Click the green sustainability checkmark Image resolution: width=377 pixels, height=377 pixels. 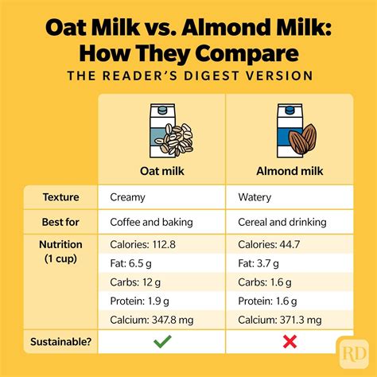pos(162,342)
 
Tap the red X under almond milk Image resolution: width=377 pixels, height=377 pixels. pos(288,343)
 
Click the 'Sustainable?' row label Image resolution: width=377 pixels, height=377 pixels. pos(60,342)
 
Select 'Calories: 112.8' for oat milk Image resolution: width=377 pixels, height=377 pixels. pos(143,244)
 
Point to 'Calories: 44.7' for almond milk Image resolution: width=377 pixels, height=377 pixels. pos(270,244)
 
